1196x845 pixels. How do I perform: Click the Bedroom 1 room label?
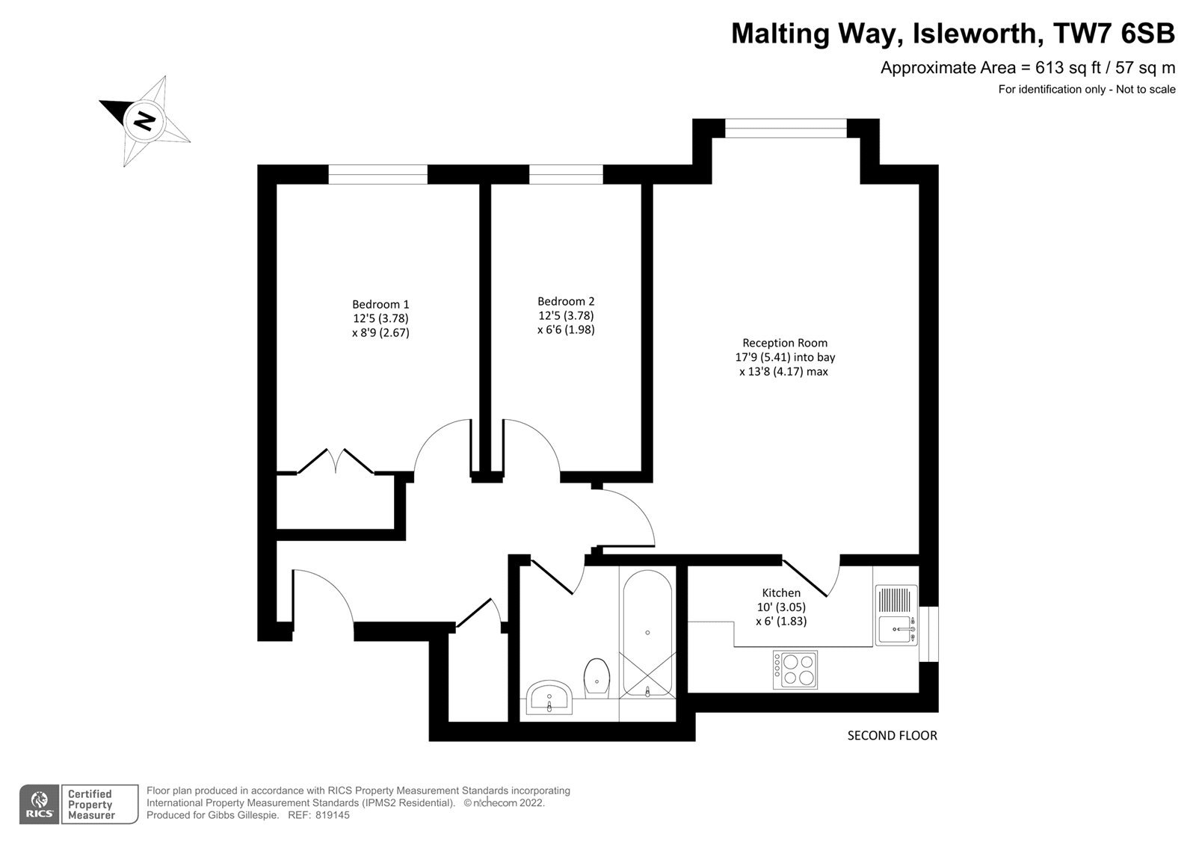coord(380,304)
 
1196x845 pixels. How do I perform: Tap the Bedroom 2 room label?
coord(566,301)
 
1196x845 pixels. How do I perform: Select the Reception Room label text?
coord(785,343)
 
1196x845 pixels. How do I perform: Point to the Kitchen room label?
coord(781,592)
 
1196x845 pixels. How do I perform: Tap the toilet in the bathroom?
coord(597,678)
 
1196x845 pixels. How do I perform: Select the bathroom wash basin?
coord(549,697)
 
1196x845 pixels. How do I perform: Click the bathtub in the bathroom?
coord(647,634)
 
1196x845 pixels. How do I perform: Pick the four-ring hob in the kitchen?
coord(795,669)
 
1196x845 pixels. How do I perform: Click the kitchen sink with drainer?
coord(896,615)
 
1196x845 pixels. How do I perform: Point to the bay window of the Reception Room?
coord(786,128)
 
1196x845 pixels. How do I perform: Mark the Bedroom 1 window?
coord(378,175)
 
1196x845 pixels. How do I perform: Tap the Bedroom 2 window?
coord(566,175)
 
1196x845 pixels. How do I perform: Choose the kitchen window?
coord(928,634)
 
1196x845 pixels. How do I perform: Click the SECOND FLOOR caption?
coord(893,736)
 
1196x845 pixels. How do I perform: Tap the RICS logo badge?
coord(40,804)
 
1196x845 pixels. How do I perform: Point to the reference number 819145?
coord(332,815)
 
